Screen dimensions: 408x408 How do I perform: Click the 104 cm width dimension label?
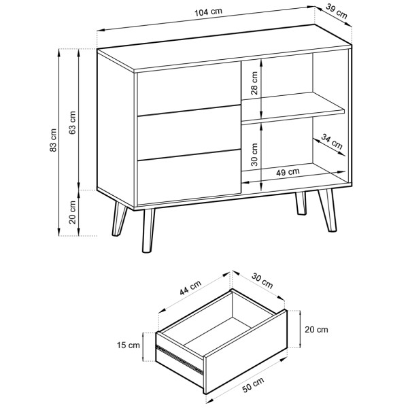209,12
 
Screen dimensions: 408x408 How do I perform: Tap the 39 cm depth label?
337,12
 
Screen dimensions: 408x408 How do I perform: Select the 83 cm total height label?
53,140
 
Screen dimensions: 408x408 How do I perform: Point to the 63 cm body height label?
73,122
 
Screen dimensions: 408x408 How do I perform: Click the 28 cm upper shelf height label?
254,83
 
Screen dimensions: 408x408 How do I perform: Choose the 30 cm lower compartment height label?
254,154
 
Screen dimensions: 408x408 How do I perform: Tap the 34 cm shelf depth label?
331,141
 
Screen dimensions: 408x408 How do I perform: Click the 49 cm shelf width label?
288,172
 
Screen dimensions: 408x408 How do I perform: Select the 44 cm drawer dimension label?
190,288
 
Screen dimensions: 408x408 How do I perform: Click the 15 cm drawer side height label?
129,345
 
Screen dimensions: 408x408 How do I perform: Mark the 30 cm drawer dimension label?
262,281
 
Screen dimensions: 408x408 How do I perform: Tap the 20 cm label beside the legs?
73,212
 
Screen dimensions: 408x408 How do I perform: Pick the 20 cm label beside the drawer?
316,330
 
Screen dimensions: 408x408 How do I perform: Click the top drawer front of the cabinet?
189,88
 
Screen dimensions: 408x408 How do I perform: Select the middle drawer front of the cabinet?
189,133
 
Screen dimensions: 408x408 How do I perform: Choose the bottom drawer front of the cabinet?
189,177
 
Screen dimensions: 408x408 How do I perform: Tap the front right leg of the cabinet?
328,210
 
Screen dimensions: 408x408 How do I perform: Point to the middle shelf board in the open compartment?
293,107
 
